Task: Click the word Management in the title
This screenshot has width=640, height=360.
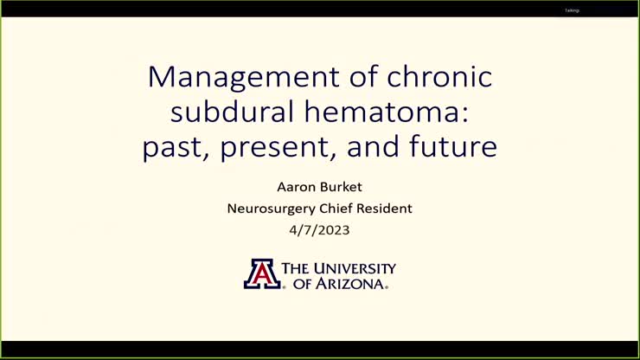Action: coord(240,77)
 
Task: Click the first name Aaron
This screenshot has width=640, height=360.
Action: coord(295,187)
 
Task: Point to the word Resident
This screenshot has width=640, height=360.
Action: coord(386,209)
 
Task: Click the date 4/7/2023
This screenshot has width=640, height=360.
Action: coord(319,230)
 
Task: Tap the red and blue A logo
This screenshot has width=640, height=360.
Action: coord(260,273)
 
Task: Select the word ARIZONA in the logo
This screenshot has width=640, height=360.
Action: coord(349,283)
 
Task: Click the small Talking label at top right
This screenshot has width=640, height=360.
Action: coord(572,10)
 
